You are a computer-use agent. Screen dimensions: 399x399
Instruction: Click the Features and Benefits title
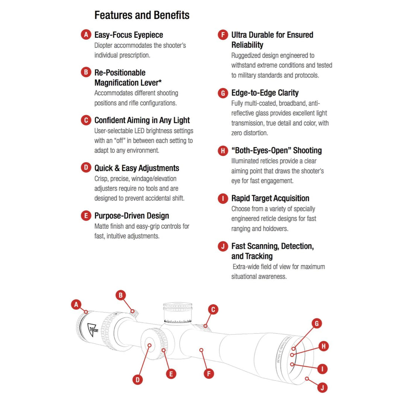[x=142, y=15]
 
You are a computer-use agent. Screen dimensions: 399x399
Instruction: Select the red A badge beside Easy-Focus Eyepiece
[x=86, y=34]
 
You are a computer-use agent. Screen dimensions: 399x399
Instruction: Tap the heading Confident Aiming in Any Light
[x=142, y=120]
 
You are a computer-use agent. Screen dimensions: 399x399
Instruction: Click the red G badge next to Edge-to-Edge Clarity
[x=223, y=93]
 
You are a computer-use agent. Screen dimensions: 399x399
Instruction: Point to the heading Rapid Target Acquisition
[x=270, y=198]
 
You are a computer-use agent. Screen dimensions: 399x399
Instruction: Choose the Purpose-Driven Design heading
[x=132, y=216]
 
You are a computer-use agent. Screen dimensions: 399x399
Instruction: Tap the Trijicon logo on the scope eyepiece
[x=93, y=330]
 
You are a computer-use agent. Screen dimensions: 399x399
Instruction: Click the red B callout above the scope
[x=120, y=295]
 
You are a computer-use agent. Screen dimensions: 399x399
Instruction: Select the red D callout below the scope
[x=138, y=380]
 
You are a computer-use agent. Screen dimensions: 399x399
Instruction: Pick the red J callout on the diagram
[x=323, y=388]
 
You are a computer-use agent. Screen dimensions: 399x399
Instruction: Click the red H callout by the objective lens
[x=324, y=346]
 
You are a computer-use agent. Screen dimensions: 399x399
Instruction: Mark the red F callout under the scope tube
[x=209, y=373]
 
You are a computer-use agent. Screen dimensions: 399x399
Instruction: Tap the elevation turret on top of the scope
[x=178, y=313]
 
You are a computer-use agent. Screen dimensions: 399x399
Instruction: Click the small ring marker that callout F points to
[x=201, y=350]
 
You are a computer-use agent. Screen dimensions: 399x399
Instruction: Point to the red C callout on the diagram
[x=213, y=309]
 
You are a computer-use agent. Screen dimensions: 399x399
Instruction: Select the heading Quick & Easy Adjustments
[x=137, y=168]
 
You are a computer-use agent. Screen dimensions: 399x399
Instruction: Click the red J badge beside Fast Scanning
[x=223, y=246]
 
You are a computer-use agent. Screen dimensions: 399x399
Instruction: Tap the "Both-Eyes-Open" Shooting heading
[x=277, y=151]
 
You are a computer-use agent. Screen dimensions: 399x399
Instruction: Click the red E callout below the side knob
[x=171, y=374]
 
